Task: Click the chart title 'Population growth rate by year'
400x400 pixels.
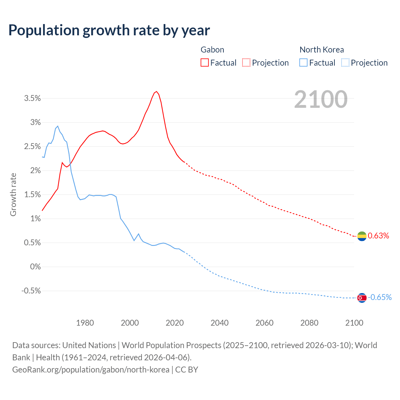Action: click(x=109, y=30)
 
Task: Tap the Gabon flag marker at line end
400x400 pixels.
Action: click(x=362, y=236)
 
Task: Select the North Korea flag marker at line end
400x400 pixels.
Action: click(x=362, y=298)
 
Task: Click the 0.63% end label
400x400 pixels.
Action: click(x=378, y=236)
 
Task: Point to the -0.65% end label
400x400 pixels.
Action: click(x=379, y=297)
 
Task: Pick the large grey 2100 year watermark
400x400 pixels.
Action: click(x=321, y=99)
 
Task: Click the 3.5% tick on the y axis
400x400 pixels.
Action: click(x=32, y=98)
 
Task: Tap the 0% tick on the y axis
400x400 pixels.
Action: click(x=35, y=267)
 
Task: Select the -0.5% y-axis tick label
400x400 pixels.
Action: click(x=31, y=291)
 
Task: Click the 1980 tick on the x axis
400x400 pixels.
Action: click(x=85, y=323)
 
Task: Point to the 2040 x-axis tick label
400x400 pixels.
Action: click(x=219, y=323)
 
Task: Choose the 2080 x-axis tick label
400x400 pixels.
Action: click(x=309, y=323)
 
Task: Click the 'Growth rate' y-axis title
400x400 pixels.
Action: click(x=13, y=194)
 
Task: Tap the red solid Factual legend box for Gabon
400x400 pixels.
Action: click(x=205, y=63)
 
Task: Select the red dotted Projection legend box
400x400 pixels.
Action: click(x=246, y=63)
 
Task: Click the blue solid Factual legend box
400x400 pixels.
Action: click(x=303, y=63)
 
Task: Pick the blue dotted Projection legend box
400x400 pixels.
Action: click(x=345, y=63)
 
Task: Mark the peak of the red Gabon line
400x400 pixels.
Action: click(x=157, y=92)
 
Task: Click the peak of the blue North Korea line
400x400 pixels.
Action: click(x=57, y=126)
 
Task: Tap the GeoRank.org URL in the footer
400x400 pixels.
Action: click(x=91, y=370)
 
